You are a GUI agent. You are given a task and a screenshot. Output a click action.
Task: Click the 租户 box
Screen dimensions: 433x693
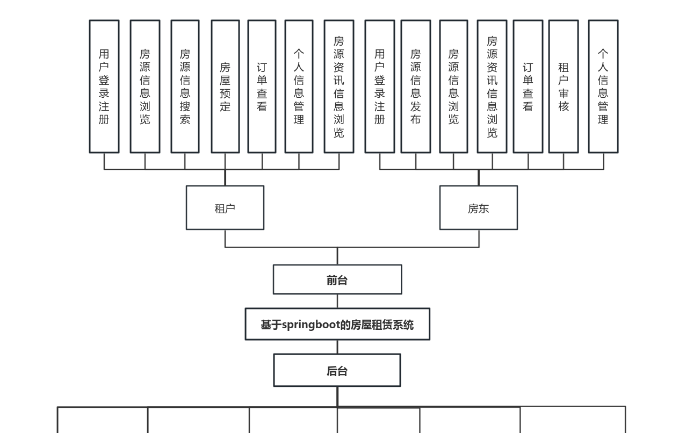click(x=225, y=208)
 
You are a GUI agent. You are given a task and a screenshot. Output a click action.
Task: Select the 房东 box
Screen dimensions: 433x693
click(x=478, y=208)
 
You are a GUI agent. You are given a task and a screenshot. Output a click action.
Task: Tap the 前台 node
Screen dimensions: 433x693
click(x=337, y=279)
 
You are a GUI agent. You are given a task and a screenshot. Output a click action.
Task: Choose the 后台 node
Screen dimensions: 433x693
click(x=337, y=370)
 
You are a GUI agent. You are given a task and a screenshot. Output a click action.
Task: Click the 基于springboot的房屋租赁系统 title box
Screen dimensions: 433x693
click(x=337, y=324)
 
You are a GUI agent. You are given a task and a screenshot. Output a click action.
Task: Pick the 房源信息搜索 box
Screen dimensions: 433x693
click(x=185, y=86)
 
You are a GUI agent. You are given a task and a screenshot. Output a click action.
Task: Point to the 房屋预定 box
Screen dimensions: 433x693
click(x=225, y=86)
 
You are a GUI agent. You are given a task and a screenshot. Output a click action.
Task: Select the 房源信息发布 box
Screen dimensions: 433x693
click(x=415, y=86)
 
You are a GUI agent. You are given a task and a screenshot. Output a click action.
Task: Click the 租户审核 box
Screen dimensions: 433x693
click(x=563, y=86)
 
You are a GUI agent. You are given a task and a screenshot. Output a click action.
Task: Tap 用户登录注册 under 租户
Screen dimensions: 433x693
click(x=104, y=86)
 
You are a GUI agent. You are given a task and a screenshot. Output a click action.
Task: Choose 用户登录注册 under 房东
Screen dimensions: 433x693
click(x=379, y=86)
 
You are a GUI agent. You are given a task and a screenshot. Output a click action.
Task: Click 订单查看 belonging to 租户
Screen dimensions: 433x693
click(x=262, y=86)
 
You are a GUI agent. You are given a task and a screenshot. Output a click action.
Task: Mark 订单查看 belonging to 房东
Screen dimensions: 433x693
click(x=528, y=86)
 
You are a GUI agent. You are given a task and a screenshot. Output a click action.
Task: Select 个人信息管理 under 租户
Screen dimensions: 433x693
click(x=299, y=86)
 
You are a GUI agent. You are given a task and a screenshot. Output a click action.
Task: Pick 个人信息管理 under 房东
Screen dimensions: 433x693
click(x=603, y=86)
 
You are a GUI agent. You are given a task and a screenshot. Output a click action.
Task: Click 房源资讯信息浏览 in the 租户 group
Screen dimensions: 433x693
click(x=338, y=86)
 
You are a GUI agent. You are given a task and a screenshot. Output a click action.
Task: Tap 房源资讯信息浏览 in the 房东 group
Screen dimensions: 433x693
click(x=492, y=86)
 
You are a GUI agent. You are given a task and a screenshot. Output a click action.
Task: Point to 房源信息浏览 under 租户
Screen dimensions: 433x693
click(x=145, y=86)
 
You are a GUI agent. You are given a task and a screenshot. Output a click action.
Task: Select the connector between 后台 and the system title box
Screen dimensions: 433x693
click(x=337, y=347)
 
